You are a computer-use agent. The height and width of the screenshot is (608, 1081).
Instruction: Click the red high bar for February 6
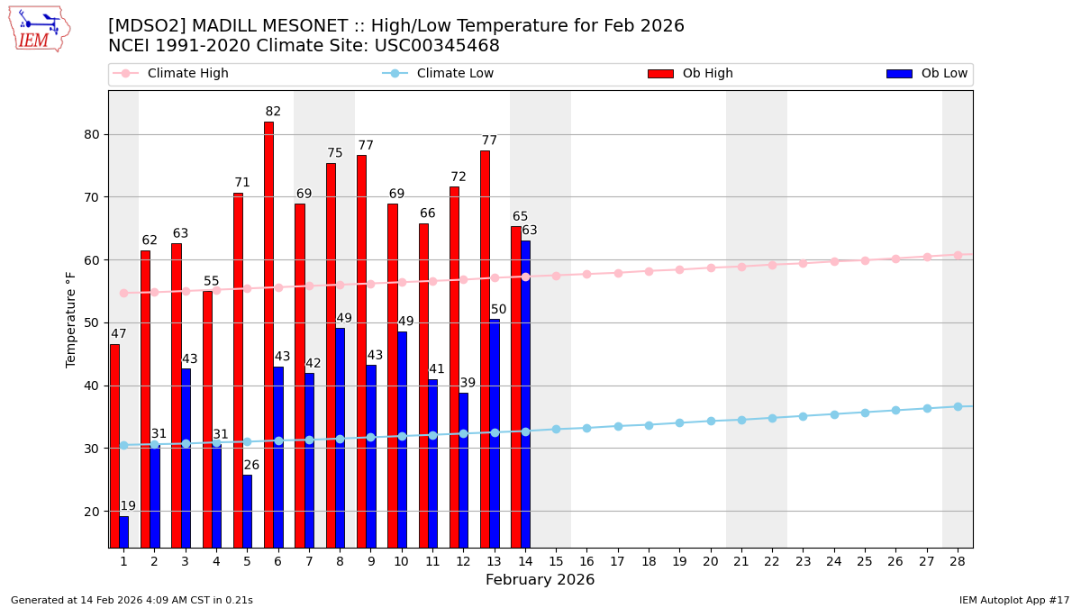pos(268,333)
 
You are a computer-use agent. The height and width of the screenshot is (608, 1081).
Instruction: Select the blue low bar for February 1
pos(123,531)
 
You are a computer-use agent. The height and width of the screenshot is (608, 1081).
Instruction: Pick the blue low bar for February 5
pos(247,511)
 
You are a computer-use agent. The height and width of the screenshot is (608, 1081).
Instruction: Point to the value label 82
pos(273,112)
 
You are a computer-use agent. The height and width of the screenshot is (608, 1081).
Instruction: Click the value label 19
pos(128,506)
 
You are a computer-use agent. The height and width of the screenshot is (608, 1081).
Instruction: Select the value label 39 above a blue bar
pos(468,383)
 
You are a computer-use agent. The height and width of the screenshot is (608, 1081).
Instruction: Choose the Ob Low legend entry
pos(919,74)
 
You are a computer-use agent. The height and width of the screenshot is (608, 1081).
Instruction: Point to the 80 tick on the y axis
pos(92,134)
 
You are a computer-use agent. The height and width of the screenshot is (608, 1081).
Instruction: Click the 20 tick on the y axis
pos(92,511)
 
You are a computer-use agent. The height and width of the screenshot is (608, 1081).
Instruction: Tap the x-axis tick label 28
pos(958,561)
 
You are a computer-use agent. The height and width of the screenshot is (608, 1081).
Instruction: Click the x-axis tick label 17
pos(617,561)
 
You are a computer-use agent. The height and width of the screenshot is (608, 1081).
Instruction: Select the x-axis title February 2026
pos(540,580)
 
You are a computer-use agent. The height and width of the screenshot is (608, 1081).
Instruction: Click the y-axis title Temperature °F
pos(71,319)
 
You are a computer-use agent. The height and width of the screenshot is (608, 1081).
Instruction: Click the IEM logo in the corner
pos(39,29)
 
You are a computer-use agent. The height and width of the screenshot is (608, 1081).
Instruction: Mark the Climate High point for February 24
pos(834,261)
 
